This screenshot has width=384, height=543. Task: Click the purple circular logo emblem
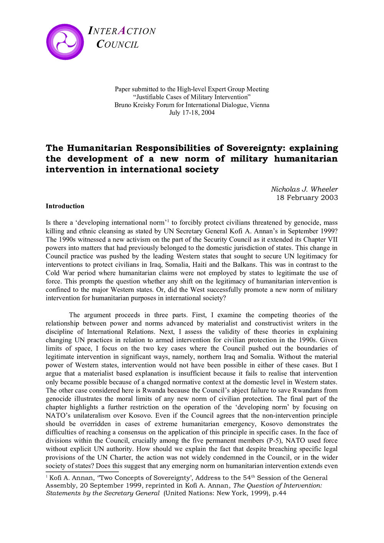coord(65,42)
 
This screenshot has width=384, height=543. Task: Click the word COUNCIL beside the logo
coord(117,45)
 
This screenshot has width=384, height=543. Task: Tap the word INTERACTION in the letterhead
coord(122,31)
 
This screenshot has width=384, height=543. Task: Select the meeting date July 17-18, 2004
coord(192,113)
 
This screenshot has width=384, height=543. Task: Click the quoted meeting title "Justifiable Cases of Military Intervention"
coord(192,97)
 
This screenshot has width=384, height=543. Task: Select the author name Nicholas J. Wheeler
coord(304,189)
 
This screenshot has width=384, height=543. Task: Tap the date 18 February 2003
coord(307,197)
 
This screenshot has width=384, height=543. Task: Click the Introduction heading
coord(65,206)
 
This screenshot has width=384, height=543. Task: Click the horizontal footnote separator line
coord(82,472)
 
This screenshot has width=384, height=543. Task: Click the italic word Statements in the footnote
coord(63,493)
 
